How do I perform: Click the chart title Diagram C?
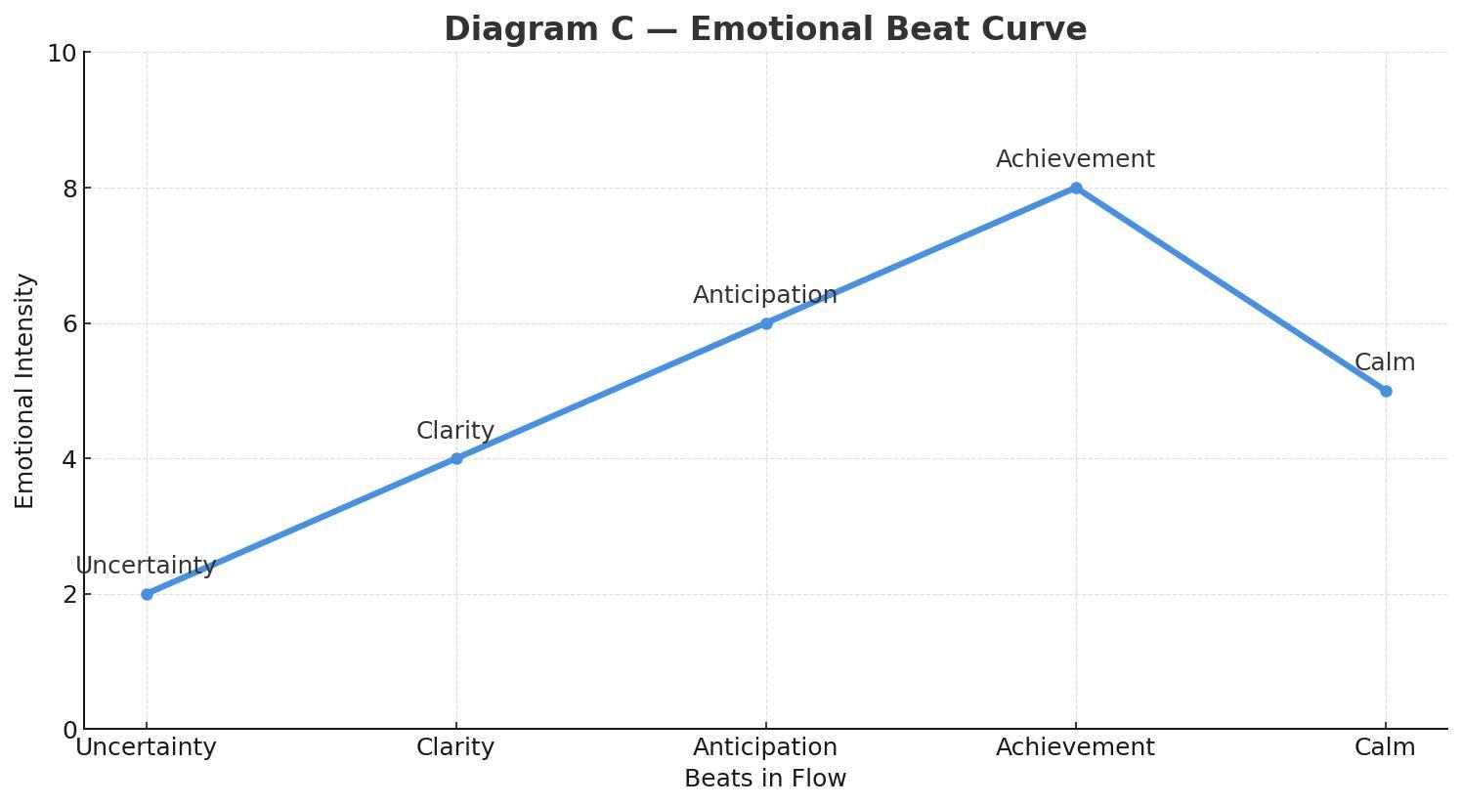(x=764, y=29)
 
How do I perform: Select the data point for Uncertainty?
(x=147, y=594)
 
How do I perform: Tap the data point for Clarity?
(x=456, y=458)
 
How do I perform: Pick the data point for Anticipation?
(x=766, y=323)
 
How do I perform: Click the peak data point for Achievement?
(x=1076, y=188)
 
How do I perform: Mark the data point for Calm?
(x=1386, y=391)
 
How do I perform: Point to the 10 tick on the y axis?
(x=63, y=54)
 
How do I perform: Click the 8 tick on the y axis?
(x=70, y=189)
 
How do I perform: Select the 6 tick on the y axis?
(x=70, y=324)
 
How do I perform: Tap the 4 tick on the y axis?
(x=70, y=459)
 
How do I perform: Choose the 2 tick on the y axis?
(x=70, y=595)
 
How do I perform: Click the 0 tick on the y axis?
(x=70, y=730)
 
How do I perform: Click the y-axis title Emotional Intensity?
(x=25, y=391)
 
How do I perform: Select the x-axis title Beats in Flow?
(x=765, y=779)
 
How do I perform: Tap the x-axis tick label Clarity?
(x=455, y=747)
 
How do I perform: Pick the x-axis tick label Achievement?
(x=1075, y=747)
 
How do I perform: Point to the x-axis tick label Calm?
(x=1385, y=747)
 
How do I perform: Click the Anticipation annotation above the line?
(x=765, y=295)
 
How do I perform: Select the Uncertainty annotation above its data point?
(x=146, y=566)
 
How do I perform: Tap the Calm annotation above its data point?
(x=1385, y=362)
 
